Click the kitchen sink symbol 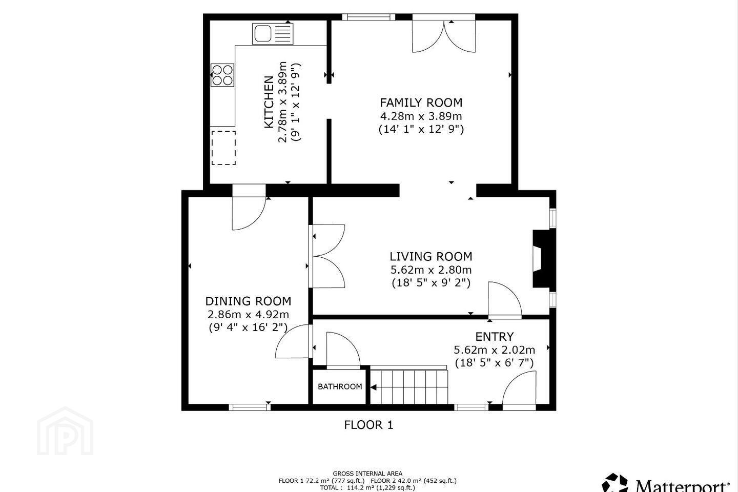click(x=273, y=34)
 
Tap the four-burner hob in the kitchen click(x=223, y=75)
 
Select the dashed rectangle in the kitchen click(x=223, y=148)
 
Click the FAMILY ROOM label click(x=421, y=102)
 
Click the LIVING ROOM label click(x=431, y=256)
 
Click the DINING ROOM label click(x=248, y=301)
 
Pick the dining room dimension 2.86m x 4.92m click(x=248, y=314)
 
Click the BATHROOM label click(x=340, y=386)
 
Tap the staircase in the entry click(x=408, y=385)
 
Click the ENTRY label click(x=494, y=337)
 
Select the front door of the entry click(x=519, y=391)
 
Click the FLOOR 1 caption click(x=368, y=425)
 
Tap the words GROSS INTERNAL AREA click(x=367, y=474)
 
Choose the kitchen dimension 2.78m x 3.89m click(x=283, y=102)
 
